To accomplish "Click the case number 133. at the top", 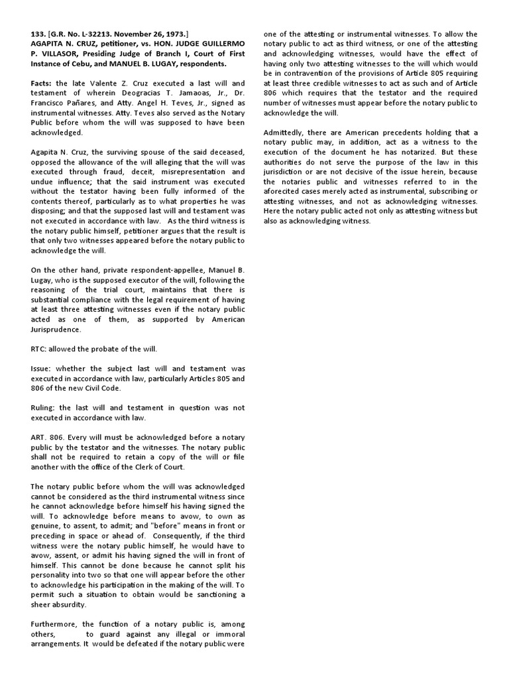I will click(x=38, y=34).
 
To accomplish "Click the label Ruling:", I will click(x=45, y=408).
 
